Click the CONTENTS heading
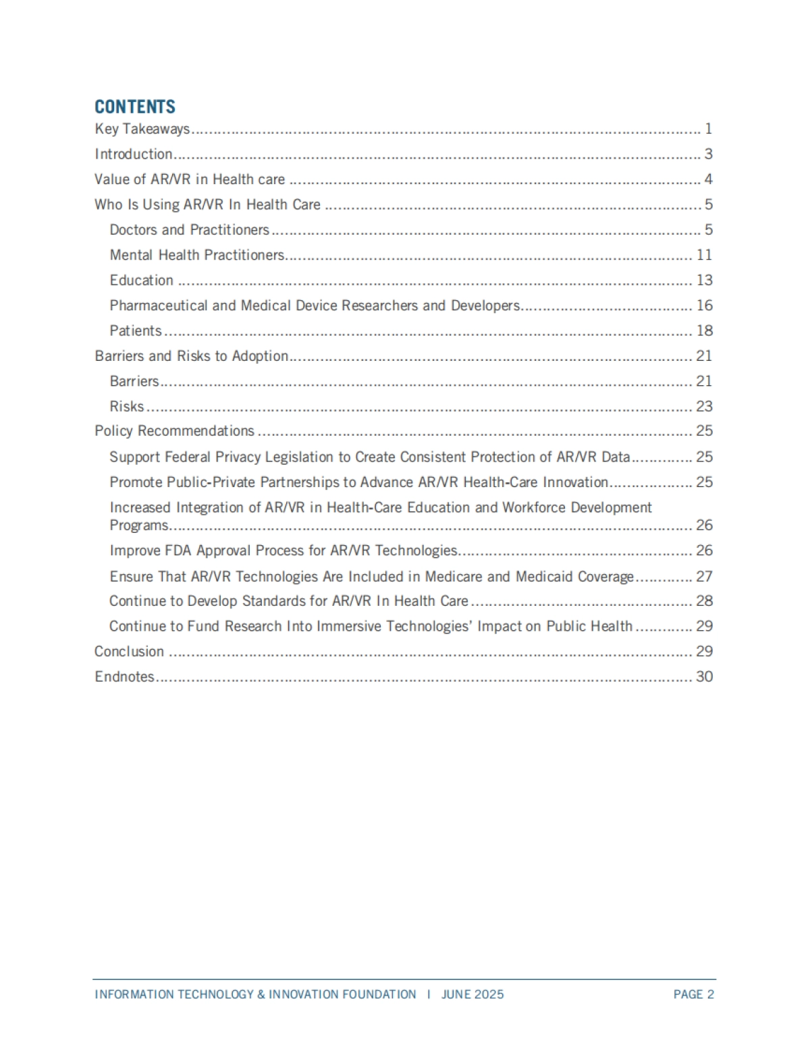(135, 107)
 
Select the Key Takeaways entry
(142, 129)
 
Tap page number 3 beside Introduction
(708, 154)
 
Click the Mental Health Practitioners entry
(197, 255)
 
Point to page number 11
(704, 255)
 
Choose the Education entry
(142, 280)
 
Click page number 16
(704, 306)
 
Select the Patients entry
(136, 331)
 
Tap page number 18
(704, 331)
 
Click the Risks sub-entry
(127, 406)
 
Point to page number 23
(704, 406)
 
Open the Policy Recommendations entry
(174, 431)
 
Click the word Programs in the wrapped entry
(139, 526)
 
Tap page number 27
(704, 576)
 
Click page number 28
(704, 601)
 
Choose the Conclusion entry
(129, 651)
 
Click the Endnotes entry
(125, 677)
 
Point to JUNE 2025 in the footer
(473, 994)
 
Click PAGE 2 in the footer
(693, 994)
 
